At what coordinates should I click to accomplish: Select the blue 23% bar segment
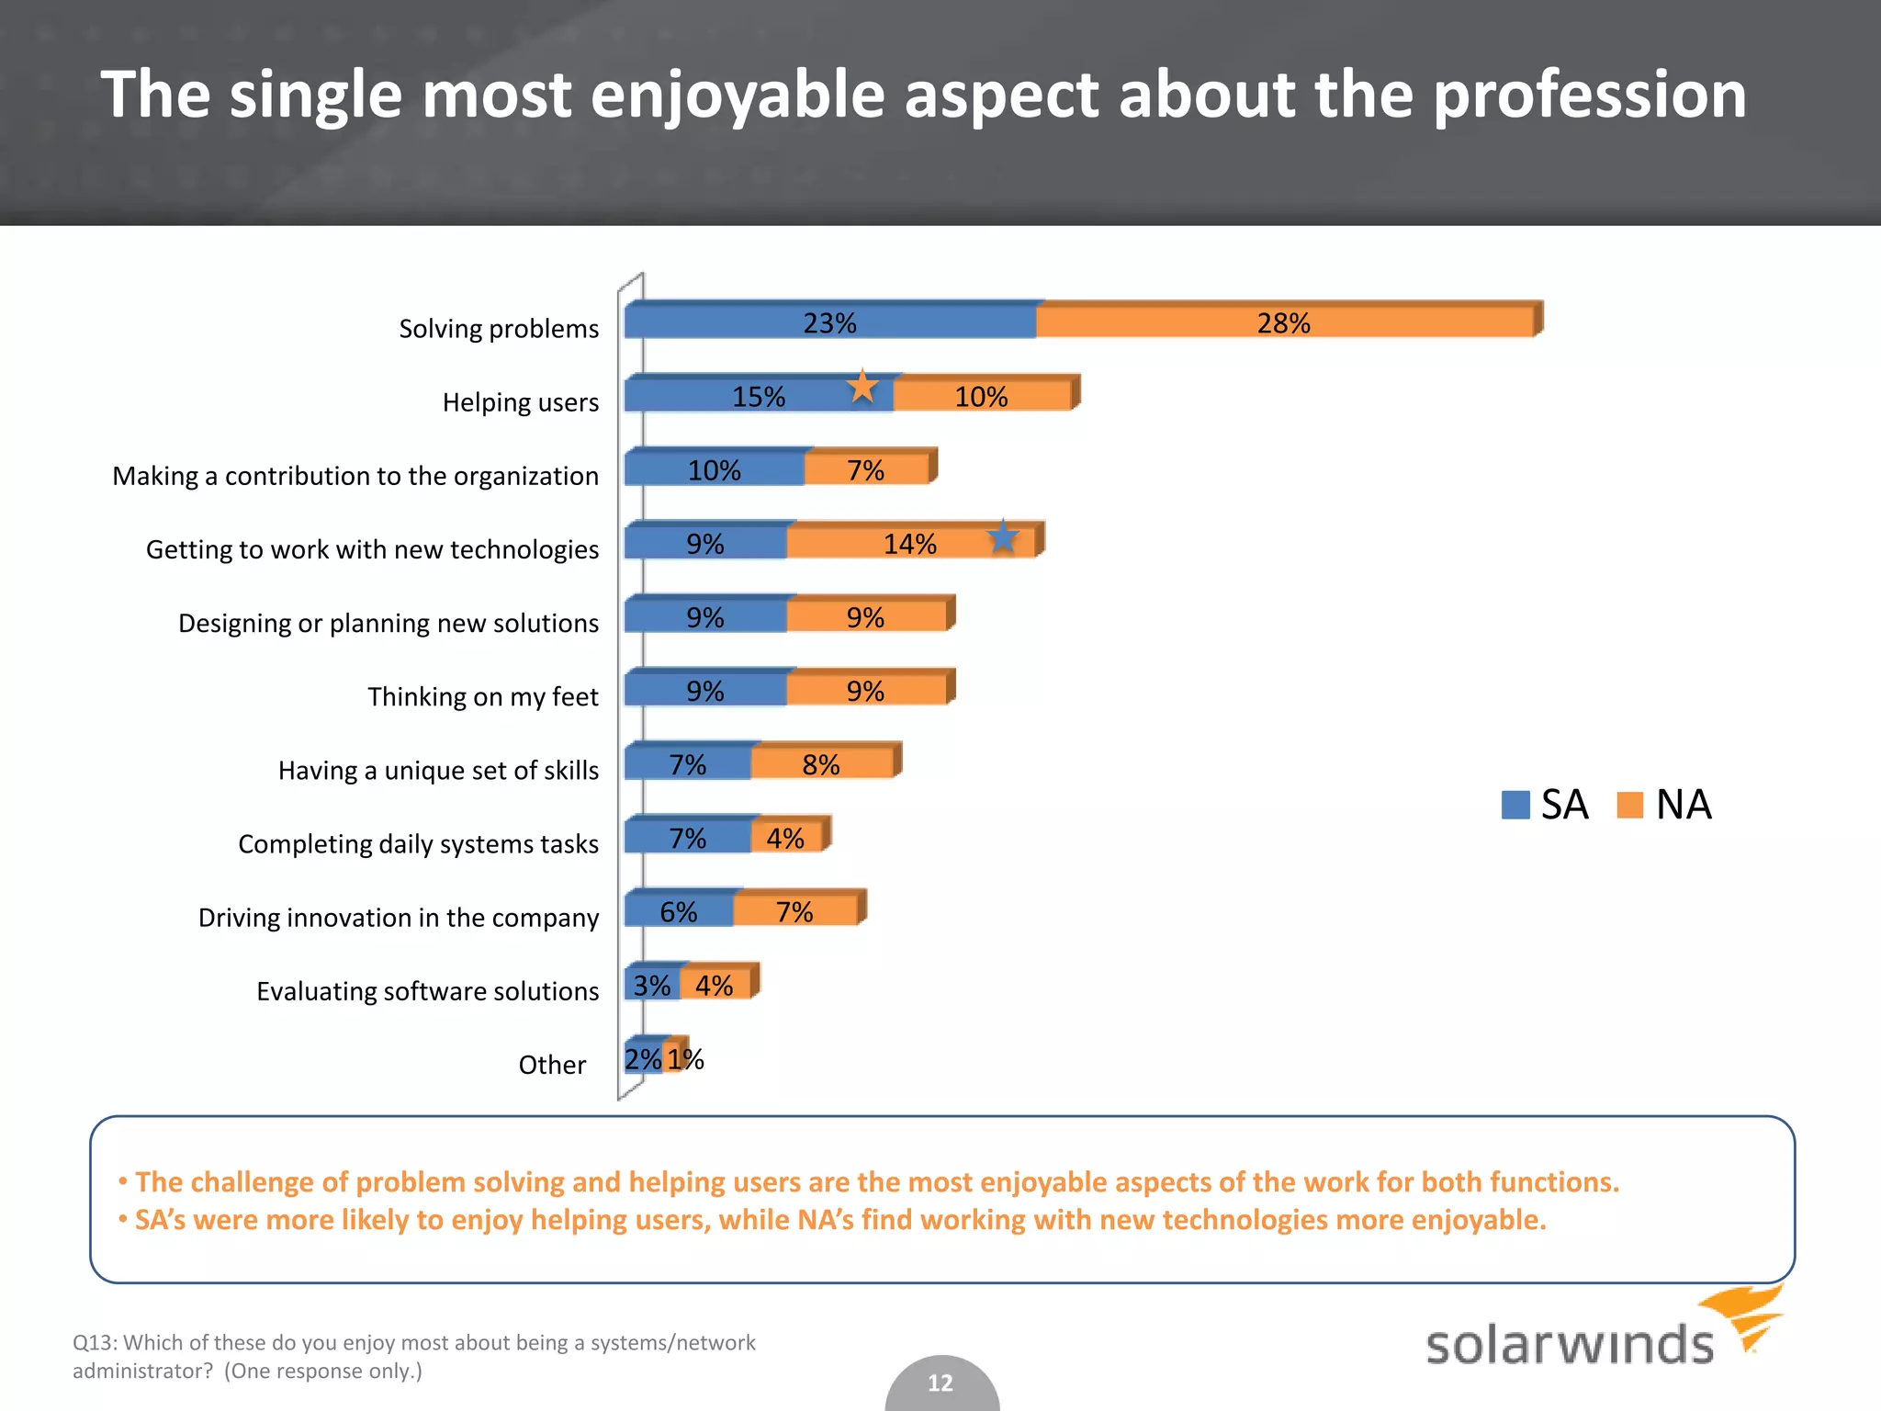click(x=829, y=322)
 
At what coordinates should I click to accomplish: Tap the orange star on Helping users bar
click(x=862, y=387)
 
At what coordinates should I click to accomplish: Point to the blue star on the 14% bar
click(x=1003, y=537)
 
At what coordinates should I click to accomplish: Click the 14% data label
click(x=909, y=544)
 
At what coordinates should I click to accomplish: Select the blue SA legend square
click(x=1515, y=805)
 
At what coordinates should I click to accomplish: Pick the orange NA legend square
click(x=1629, y=805)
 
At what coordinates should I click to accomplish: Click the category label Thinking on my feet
click(x=483, y=696)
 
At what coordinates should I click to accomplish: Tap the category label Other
click(x=552, y=1065)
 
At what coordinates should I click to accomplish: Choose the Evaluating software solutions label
click(x=427, y=991)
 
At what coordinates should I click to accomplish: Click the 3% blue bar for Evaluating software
click(x=652, y=986)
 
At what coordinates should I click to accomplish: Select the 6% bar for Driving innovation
click(x=678, y=911)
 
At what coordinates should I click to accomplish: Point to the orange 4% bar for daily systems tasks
click(x=786, y=838)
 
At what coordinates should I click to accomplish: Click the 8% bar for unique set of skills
click(x=821, y=764)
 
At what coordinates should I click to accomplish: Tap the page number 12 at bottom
click(x=940, y=1383)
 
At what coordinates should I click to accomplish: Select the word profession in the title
click(x=1589, y=95)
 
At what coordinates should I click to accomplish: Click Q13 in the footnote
click(x=95, y=1342)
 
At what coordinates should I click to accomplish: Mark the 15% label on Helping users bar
click(x=758, y=397)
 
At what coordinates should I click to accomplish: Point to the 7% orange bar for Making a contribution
click(x=865, y=470)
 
